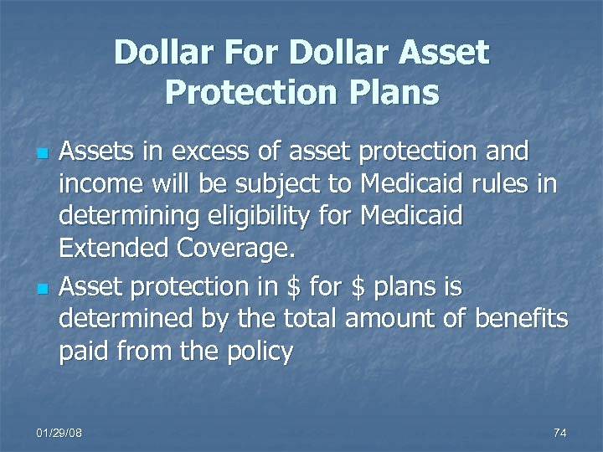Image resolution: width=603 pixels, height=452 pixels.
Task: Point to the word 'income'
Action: (95, 185)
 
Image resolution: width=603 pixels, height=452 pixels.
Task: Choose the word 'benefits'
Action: (521, 319)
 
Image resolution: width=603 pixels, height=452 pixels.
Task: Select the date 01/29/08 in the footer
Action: (59, 432)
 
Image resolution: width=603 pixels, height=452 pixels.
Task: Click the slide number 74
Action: (560, 432)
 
